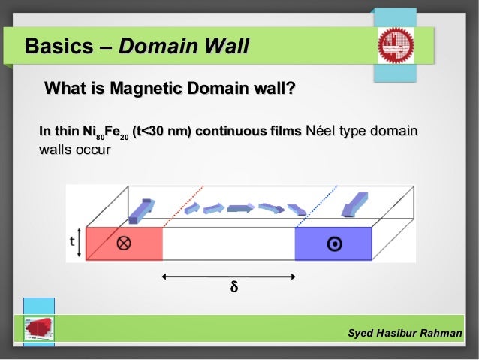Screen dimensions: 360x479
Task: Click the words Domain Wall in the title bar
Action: [x=183, y=47]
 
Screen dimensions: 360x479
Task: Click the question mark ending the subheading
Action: [x=290, y=91]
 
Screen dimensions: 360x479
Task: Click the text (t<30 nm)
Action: [x=160, y=133]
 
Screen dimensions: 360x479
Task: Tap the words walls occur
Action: [x=74, y=150]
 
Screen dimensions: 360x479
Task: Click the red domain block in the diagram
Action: [x=124, y=243]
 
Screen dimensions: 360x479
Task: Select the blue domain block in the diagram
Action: [x=333, y=243]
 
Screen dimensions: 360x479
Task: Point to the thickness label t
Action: [x=73, y=241]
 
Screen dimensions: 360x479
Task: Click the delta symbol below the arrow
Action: [x=233, y=288]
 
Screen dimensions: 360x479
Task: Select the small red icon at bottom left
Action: [x=38, y=328]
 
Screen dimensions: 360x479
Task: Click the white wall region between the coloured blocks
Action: [x=228, y=243]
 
